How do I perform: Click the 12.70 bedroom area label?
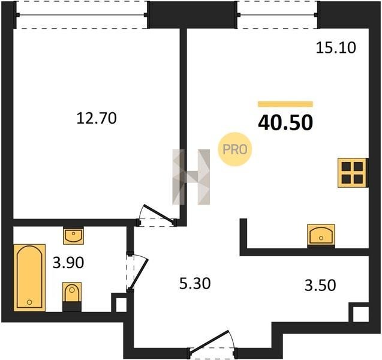click(x=97, y=118)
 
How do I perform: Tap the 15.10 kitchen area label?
click(x=336, y=48)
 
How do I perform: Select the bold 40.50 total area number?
click(x=285, y=122)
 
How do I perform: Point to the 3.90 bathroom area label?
click(x=68, y=263)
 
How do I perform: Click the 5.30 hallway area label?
click(x=195, y=284)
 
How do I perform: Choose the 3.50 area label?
click(x=320, y=285)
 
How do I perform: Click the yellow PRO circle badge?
click(x=235, y=149)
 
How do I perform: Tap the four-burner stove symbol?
click(x=353, y=173)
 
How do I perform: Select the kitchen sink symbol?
click(x=321, y=235)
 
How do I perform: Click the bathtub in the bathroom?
click(x=29, y=278)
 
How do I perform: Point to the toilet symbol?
click(x=72, y=296)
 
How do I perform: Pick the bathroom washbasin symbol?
click(x=73, y=235)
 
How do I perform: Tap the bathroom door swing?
click(x=137, y=272)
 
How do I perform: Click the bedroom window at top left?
click(x=82, y=15)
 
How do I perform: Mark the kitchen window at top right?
click(x=278, y=15)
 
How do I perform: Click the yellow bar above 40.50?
click(x=285, y=104)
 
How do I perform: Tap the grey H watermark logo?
click(x=191, y=177)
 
